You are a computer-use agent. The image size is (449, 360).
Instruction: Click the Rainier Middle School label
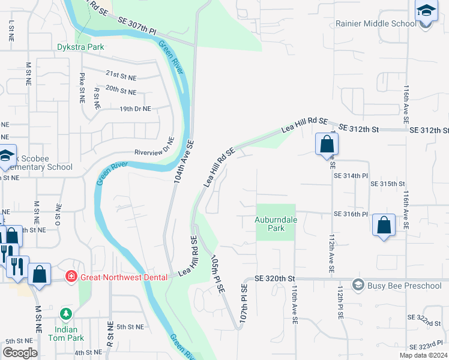point(376,23)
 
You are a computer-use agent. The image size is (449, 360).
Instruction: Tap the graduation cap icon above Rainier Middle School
point(426,11)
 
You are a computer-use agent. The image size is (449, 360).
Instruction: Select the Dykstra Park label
point(80,47)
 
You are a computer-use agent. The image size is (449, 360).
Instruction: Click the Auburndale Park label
point(276,224)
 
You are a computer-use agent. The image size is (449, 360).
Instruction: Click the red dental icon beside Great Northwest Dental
point(71,276)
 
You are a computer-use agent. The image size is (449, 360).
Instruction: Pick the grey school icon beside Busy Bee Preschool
point(358,284)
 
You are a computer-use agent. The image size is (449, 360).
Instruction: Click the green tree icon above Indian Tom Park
point(66,314)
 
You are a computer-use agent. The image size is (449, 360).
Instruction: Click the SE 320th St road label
point(275,279)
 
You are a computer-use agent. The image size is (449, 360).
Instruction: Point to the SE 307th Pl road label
point(137,25)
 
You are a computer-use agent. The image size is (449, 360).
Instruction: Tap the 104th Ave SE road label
point(183,161)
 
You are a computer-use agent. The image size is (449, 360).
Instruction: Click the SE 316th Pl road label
point(350,214)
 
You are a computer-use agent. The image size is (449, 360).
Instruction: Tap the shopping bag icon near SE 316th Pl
point(384,226)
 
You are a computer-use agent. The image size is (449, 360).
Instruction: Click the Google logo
point(20,353)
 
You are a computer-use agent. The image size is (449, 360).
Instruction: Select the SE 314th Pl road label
point(350,175)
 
